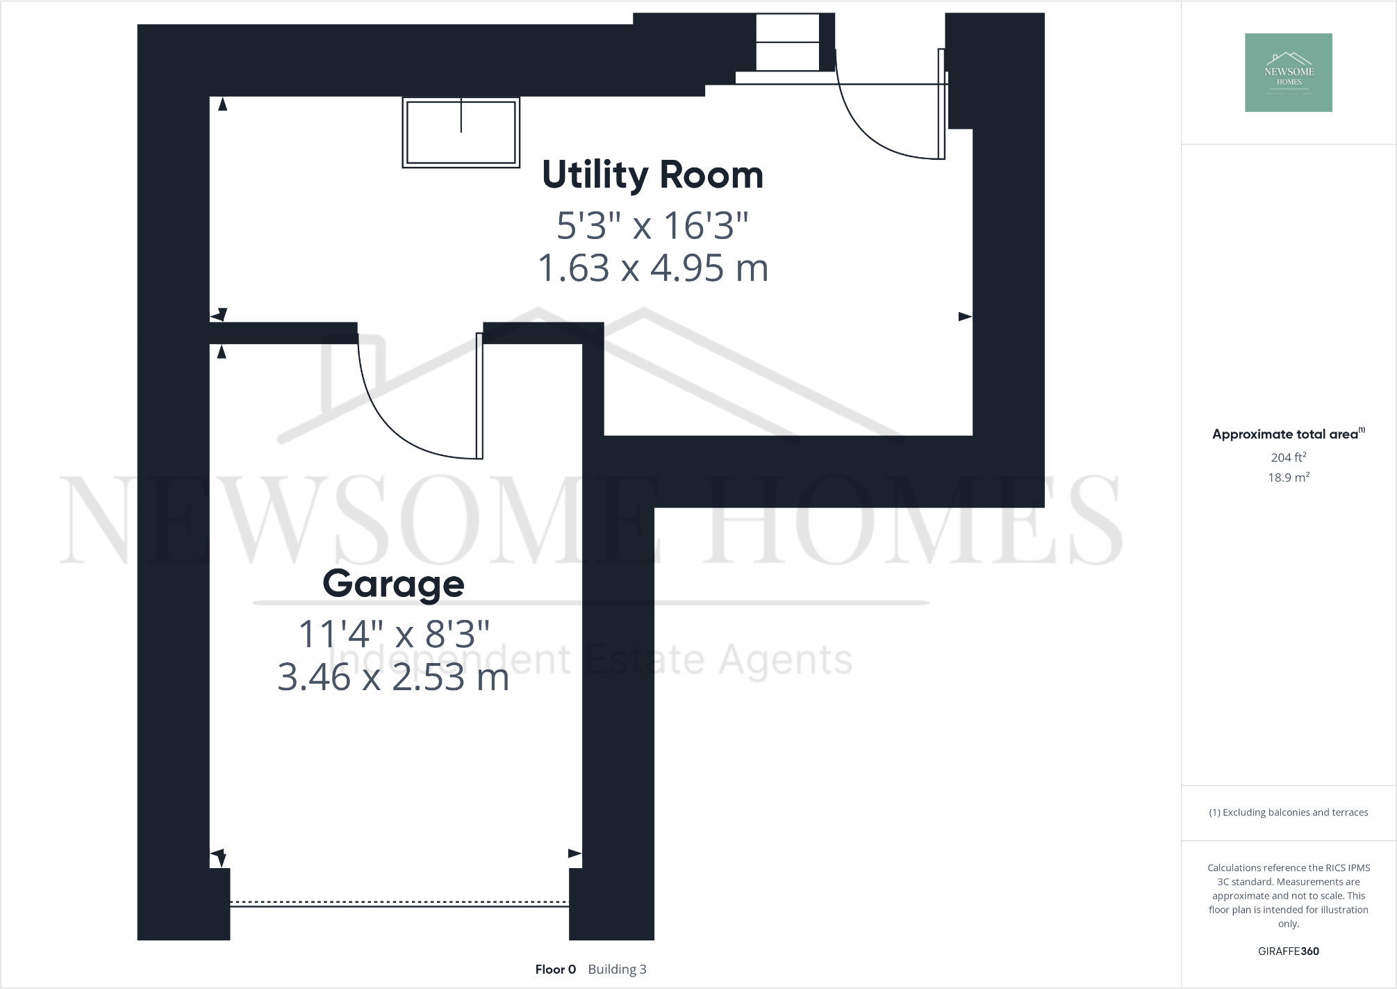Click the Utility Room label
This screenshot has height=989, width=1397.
click(652, 175)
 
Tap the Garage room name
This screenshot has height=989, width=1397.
click(393, 584)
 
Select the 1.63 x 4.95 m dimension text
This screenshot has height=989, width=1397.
click(653, 268)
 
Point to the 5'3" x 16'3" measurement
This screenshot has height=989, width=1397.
click(653, 226)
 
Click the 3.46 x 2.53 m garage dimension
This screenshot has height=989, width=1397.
click(393, 677)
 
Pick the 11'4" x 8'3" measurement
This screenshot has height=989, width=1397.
click(394, 634)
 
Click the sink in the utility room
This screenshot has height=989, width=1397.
click(461, 132)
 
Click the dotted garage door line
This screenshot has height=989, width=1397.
click(399, 903)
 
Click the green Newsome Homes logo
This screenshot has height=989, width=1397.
click(1288, 72)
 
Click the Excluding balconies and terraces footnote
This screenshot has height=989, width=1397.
click(1288, 812)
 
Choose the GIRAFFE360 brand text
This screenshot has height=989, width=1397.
click(1288, 951)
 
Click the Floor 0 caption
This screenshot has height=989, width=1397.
click(555, 970)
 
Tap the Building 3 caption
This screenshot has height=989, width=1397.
click(617, 970)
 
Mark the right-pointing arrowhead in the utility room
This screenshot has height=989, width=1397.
click(965, 317)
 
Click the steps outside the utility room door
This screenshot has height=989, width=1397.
click(787, 43)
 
